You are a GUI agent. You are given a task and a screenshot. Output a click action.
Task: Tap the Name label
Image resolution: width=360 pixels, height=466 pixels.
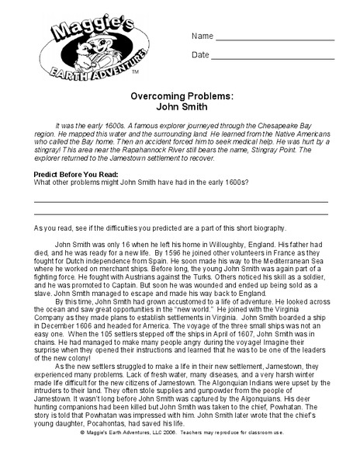point(202,37)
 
